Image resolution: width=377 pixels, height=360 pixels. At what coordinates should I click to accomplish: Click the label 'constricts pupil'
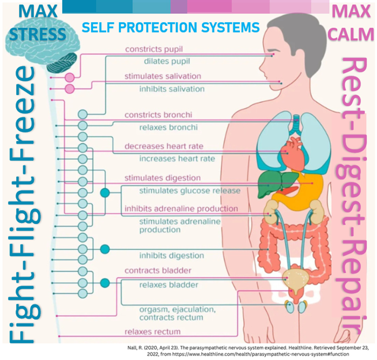[x=154, y=49]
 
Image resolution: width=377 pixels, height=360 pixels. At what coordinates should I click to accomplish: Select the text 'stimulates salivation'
[x=163, y=76]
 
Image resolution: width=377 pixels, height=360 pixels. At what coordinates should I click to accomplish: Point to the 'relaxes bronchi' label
[x=168, y=127]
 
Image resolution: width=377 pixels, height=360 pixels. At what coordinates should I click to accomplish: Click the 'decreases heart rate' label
[x=163, y=146]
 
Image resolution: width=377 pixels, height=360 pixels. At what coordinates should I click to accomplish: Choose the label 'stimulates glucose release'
[x=189, y=191]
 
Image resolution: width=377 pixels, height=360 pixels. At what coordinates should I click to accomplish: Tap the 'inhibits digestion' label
[x=171, y=256]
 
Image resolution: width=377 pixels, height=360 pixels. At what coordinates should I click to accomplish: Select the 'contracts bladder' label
[x=158, y=271]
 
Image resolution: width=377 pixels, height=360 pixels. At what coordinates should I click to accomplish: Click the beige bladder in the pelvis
[x=295, y=280]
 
